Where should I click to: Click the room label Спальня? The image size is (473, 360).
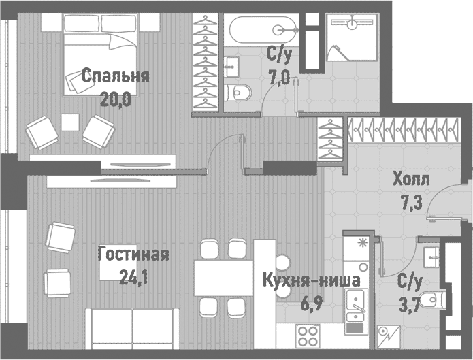(115, 76)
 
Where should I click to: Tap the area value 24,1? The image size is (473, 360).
(116, 277)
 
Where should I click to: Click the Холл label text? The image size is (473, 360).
(411, 180)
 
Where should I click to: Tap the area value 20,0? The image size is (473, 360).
(115, 99)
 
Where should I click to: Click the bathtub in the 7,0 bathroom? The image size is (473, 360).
(263, 30)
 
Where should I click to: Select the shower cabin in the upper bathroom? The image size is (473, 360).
(351, 37)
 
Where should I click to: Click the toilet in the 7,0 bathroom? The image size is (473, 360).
(242, 93)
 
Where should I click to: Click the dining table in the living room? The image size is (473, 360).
(223, 278)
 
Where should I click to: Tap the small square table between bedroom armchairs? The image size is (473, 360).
(70, 122)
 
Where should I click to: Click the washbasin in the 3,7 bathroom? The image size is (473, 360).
(429, 256)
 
